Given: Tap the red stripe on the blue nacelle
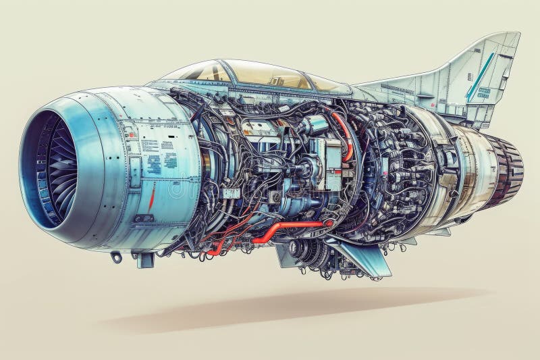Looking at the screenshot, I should coord(152,197).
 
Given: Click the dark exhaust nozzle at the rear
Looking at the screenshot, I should coord(508,169).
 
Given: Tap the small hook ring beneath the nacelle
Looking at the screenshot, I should coord(117,257).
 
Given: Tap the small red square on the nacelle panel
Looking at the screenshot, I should coord(132,134).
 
